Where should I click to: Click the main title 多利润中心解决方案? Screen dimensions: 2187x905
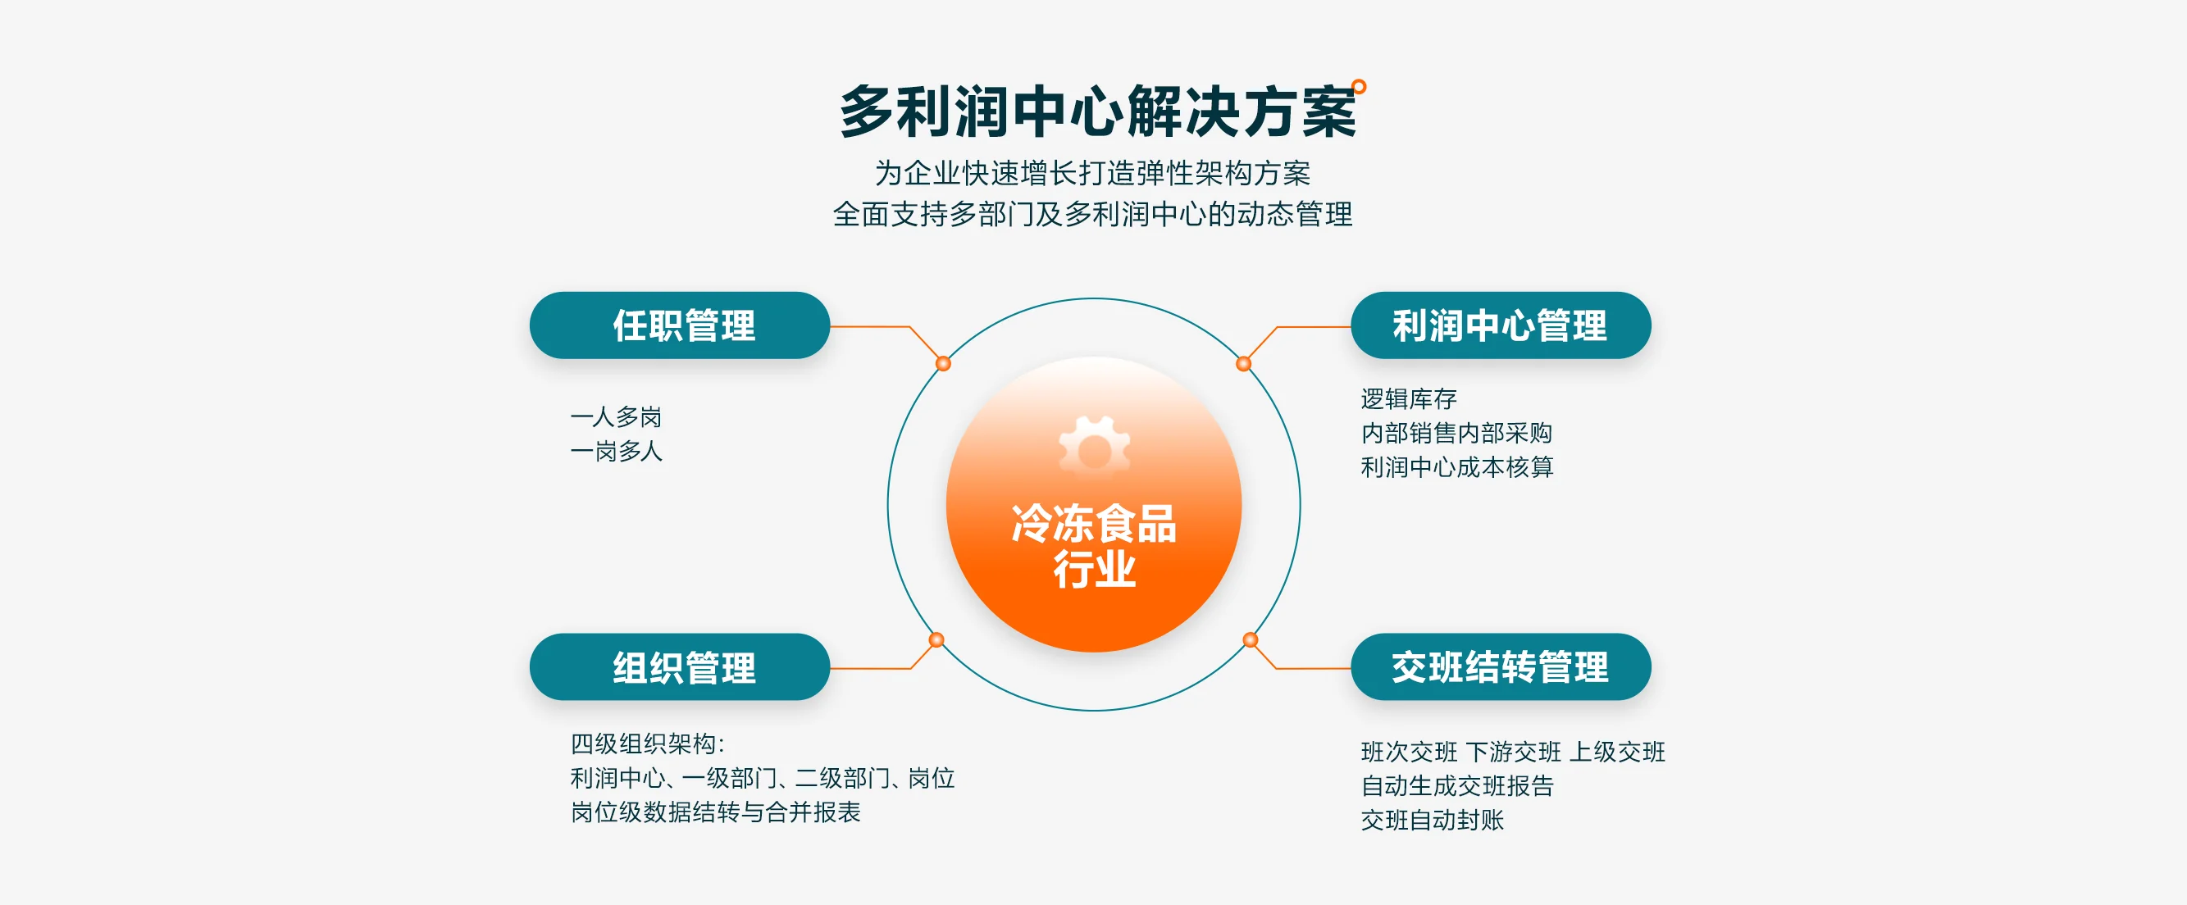[x=1097, y=112]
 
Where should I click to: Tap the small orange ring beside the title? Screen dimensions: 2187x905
[x=1359, y=87]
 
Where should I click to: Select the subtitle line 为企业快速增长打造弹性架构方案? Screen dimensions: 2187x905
[x=1092, y=173]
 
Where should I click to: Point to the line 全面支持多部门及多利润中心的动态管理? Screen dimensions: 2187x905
[x=1092, y=214]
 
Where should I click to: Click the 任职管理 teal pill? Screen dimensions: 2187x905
[x=679, y=325]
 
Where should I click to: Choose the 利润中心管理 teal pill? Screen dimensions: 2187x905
[x=1500, y=325]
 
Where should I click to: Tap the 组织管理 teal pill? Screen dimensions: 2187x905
[x=679, y=666]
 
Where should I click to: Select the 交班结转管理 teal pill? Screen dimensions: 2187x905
[x=1500, y=666]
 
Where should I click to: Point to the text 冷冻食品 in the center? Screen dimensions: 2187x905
[x=1094, y=523]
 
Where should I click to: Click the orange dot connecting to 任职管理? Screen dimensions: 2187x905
[x=943, y=363]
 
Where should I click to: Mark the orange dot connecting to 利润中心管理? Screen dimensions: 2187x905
[x=1243, y=363]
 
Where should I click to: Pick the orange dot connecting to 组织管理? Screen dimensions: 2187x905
[x=936, y=639]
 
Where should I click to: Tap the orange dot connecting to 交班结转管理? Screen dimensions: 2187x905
[x=1250, y=639]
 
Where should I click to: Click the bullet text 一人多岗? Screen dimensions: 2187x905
[x=617, y=417]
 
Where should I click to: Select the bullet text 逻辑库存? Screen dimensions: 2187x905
[x=1409, y=398]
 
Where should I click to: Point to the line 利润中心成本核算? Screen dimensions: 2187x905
[x=1457, y=467]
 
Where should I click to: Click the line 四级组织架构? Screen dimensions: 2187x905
[x=648, y=744]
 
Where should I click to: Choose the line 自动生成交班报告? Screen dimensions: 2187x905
[x=1457, y=785]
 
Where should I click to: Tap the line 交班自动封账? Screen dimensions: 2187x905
[x=1433, y=819]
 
